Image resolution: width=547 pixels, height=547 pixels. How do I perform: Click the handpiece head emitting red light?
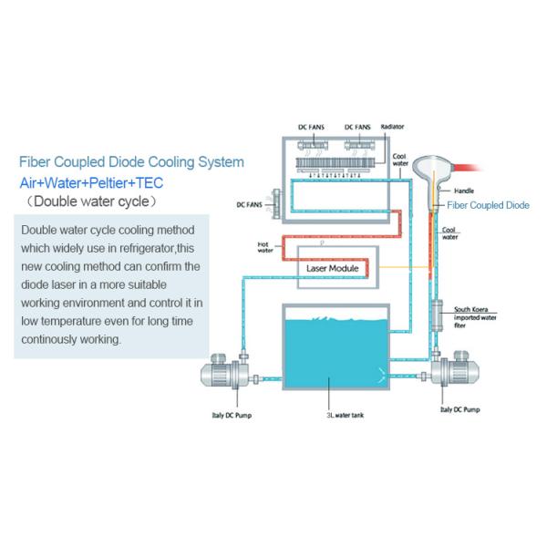(x=427, y=170)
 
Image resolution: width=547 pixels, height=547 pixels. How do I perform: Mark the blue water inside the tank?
(x=342, y=360)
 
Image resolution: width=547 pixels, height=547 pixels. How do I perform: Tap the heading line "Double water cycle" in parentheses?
(x=91, y=201)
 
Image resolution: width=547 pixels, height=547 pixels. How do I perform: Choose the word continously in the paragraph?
(x=55, y=339)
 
